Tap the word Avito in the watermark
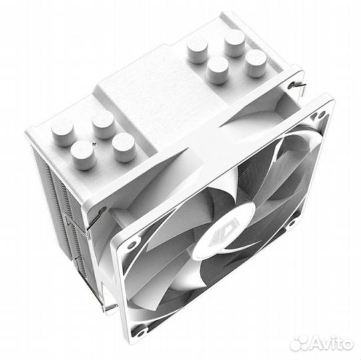coord(332,343)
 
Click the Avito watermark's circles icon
coord(300,343)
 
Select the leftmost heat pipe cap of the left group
coord(63,134)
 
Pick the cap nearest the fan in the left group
coord(125,147)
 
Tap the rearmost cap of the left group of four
coord(104,125)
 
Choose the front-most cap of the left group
coord(83,155)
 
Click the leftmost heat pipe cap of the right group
coord(198,51)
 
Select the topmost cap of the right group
coord(234,43)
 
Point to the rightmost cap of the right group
coord(256,63)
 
